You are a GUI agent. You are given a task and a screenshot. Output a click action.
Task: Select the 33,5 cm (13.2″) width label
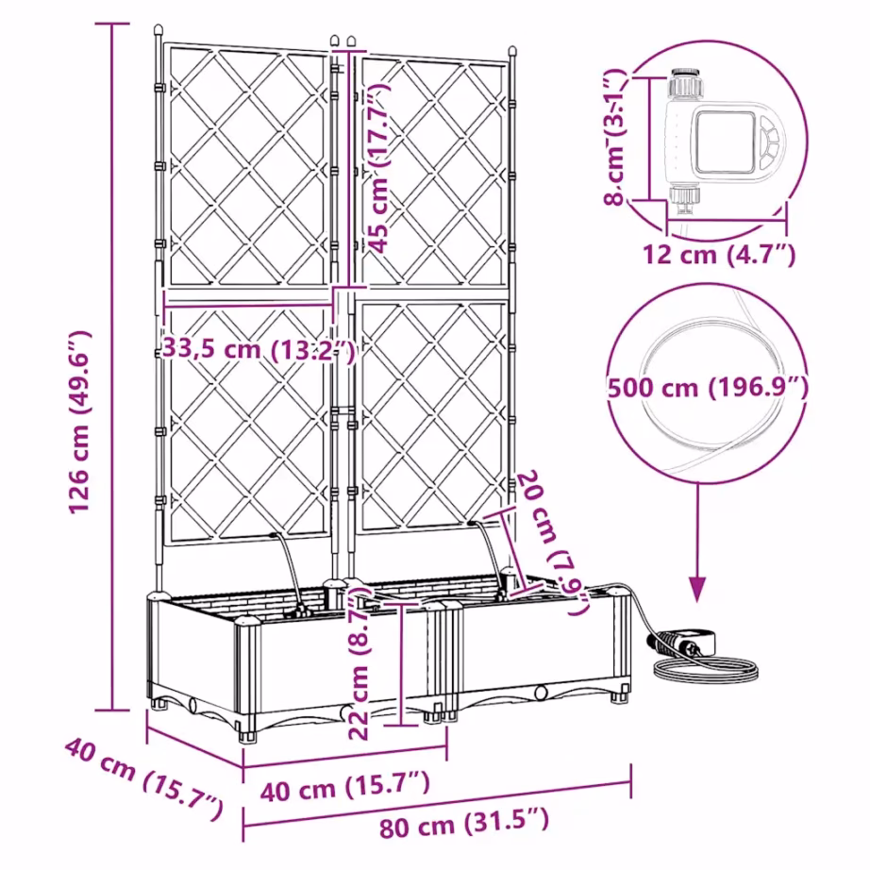pyautogui.click(x=257, y=348)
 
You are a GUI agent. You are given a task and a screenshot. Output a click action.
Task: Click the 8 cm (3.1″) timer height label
pyautogui.click(x=616, y=138)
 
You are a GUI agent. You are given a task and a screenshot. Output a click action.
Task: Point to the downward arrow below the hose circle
pyautogui.click(x=697, y=576)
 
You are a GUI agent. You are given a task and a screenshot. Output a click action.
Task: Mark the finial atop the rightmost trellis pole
pyautogui.click(x=512, y=50)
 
